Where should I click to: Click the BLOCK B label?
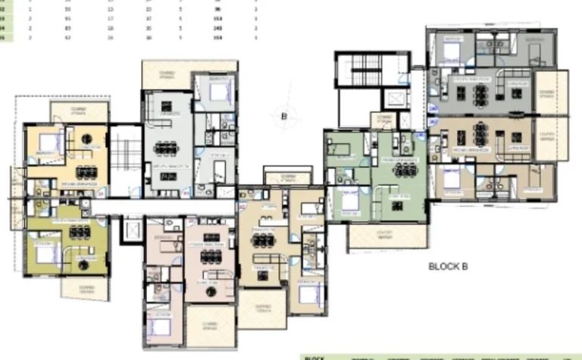pyautogui.click(x=454, y=266)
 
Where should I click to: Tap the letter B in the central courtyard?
pyautogui.click(x=283, y=116)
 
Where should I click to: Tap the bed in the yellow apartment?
pyautogui.click(x=47, y=141)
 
